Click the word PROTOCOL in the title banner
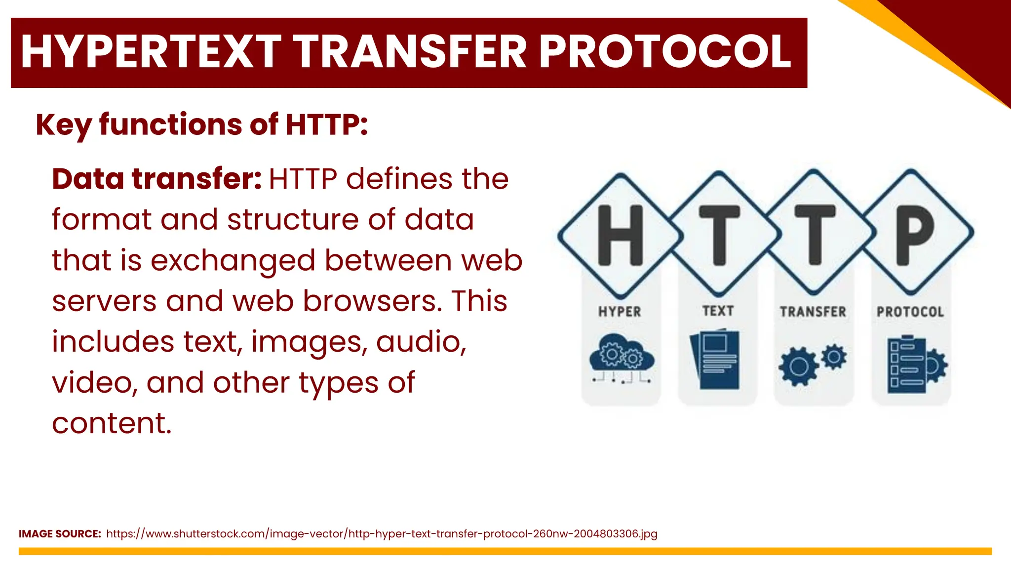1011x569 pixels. pos(665,52)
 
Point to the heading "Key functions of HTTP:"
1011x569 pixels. pos(202,124)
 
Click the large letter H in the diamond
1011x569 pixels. pos(621,235)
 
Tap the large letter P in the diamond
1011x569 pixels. pos(914,235)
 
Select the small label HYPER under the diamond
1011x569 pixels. pos(620,312)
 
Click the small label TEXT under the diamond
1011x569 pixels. pos(718,311)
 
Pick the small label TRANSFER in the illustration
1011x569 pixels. pos(813,312)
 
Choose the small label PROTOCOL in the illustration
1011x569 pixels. pos(910,312)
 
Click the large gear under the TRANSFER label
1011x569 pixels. pos(798,366)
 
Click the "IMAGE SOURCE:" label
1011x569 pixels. pos(60,534)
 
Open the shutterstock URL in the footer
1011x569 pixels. pos(382,534)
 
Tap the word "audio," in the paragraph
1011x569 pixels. pos(421,342)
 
